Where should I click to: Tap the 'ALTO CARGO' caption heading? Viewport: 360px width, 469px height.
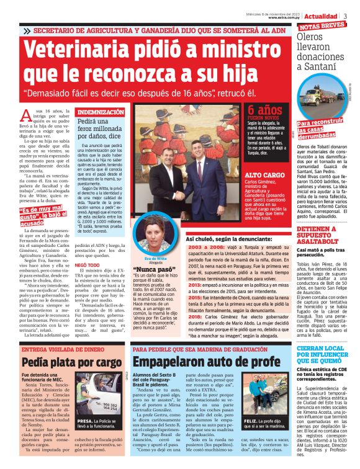(264, 176)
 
